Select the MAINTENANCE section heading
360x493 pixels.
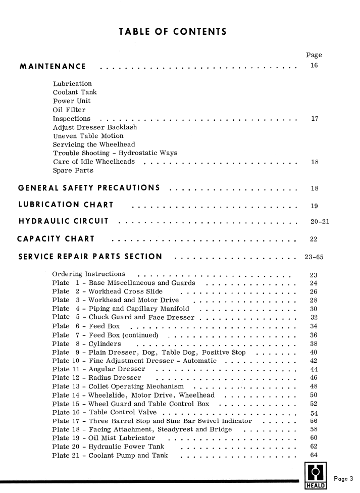click(x=53, y=67)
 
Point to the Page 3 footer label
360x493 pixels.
click(x=345, y=479)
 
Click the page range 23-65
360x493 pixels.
click(x=314, y=257)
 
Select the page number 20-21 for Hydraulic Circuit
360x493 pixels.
click(x=319, y=222)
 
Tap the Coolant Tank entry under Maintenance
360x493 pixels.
click(x=75, y=92)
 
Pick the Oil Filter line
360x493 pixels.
click(x=69, y=110)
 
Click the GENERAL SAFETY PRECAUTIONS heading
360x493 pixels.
click(x=89, y=188)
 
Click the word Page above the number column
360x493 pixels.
click(x=314, y=55)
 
